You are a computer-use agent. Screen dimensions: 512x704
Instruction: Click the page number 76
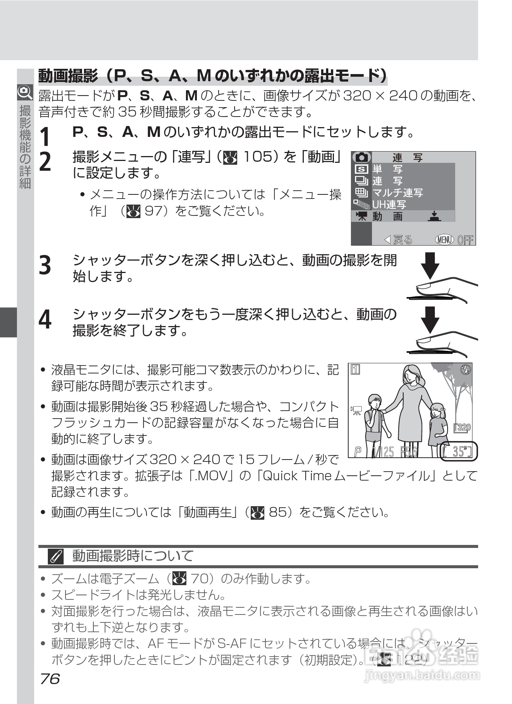pos(50,679)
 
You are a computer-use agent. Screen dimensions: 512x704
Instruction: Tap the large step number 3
pos(45,265)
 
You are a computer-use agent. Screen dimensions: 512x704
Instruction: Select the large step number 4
pos(45,320)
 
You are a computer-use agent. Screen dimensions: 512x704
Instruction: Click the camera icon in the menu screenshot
pos(361,157)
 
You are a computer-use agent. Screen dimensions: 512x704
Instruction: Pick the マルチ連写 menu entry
pos(398,193)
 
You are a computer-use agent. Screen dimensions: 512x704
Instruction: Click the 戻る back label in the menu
pos(398,240)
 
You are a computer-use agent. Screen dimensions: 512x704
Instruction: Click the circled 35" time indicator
pos(458,451)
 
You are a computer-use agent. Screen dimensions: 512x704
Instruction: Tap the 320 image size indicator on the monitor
pos(463,427)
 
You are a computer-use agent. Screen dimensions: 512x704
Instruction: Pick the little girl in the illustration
pos(438,425)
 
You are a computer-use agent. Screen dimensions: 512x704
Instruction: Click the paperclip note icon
pos(55,556)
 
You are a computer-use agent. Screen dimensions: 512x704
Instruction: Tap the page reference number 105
pos(258,156)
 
